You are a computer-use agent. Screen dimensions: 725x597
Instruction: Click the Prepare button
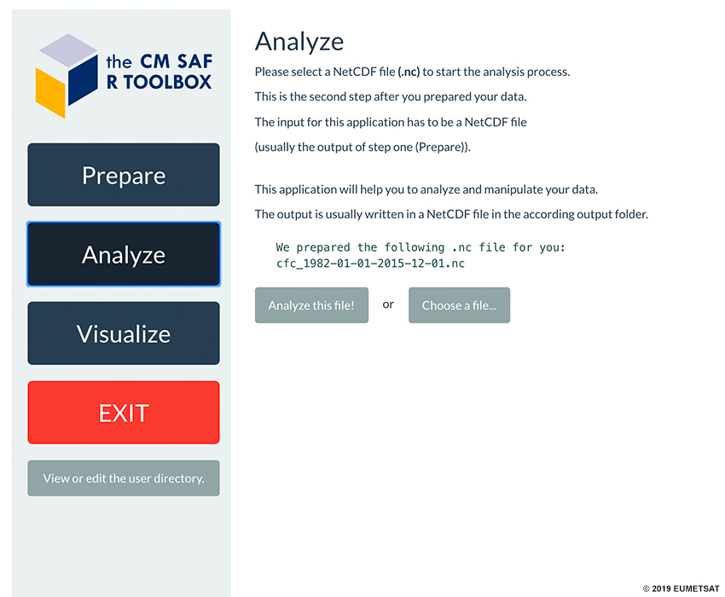click(124, 175)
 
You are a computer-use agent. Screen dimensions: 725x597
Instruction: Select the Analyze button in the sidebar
click(124, 254)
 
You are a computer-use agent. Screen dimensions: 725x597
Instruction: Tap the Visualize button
click(124, 333)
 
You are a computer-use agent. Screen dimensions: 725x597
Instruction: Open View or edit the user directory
click(124, 478)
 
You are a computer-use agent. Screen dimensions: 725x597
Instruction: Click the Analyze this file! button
click(311, 305)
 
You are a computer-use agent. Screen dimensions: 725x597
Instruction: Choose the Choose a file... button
click(459, 305)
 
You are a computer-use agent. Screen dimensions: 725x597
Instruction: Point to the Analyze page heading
click(299, 42)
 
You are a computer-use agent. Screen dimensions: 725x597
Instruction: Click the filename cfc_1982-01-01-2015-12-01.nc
click(370, 264)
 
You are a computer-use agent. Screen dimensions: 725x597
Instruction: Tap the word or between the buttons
click(388, 304)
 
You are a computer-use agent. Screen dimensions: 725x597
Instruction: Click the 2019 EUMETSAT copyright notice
click(681, 588)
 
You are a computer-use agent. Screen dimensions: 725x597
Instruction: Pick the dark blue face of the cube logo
click(84, 79)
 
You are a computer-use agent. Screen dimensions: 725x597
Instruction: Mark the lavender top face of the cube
click(68, 50)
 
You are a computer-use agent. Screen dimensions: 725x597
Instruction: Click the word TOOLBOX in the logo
click(167, 83)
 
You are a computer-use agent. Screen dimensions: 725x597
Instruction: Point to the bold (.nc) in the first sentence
click(409, 72)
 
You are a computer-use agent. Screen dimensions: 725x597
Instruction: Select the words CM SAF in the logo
click(177, 61)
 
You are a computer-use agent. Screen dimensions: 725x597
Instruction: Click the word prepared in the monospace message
click(323, 248)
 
